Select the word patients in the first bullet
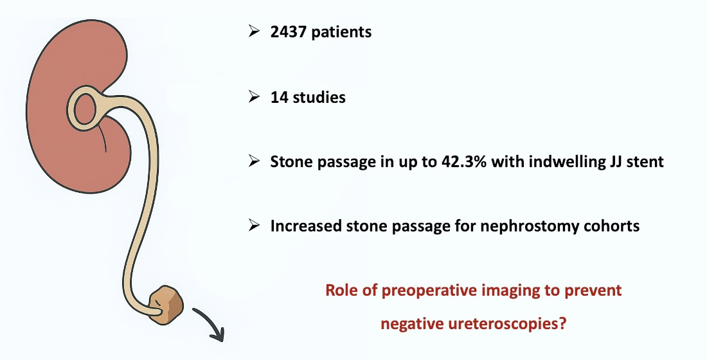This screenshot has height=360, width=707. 341,32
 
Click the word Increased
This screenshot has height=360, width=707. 306,226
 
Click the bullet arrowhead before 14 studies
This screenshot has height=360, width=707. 255,97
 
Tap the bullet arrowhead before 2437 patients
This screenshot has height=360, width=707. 255,32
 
